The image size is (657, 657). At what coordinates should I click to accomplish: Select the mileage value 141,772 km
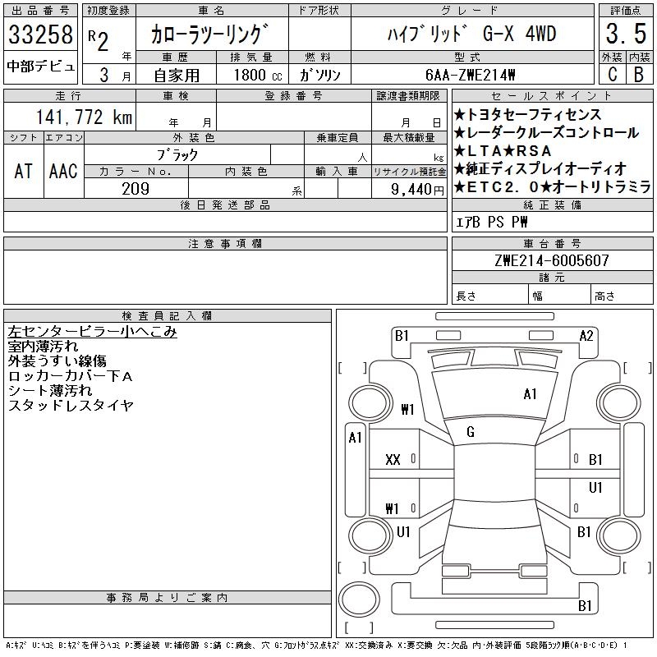point(82,117)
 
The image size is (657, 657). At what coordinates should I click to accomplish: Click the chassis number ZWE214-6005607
point(551,260)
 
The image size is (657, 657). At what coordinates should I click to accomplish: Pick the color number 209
point(136,189)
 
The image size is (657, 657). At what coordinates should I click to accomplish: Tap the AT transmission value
point(23,172)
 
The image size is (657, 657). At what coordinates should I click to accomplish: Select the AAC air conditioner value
point(62,172)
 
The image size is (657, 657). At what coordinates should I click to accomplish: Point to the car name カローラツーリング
point(210,36)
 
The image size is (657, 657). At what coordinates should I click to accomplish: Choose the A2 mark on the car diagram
point(586,335)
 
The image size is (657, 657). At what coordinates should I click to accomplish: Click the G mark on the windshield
point(471,432)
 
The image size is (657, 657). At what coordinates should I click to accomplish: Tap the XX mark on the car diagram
point(393,460)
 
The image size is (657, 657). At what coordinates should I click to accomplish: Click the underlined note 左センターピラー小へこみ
point(92,332)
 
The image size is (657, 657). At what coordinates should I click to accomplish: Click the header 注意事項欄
point(224,244)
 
